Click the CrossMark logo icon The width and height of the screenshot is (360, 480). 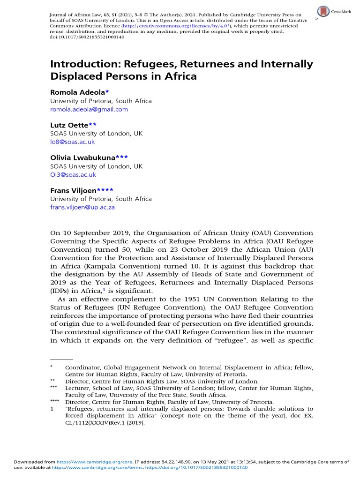pyautogui.click(x=323, y=11)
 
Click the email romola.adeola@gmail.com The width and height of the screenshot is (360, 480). pyautogui.click(x=89, y=109)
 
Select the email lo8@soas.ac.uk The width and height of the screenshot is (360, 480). pyautogui.click(x=72, y=142)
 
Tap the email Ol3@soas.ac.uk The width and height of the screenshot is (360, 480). pyautogui.click(x=73, y=174)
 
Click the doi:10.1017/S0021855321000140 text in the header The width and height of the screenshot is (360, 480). pyautogui.click(x=87, y=38)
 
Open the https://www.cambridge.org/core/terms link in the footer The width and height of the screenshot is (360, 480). pyautogui.click(x=81, y=467)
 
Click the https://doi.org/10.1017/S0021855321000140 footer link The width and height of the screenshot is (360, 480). pyautogui.click(x=199, y=467)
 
